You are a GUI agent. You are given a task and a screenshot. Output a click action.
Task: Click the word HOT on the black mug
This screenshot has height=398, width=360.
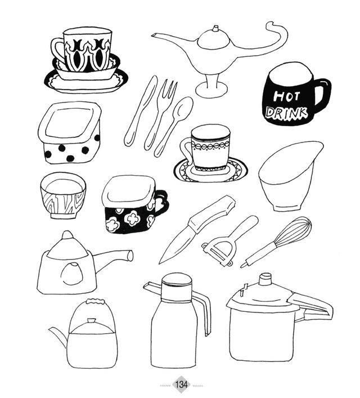287,96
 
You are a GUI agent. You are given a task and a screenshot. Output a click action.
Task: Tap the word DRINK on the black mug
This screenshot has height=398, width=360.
287,113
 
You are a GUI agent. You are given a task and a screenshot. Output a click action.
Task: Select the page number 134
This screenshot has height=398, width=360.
182,384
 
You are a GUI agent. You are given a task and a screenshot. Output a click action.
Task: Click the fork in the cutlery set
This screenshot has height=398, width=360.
160,114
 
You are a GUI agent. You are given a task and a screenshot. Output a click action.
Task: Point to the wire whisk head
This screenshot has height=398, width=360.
294,231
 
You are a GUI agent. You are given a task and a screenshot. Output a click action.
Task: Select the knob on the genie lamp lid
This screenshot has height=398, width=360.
215,28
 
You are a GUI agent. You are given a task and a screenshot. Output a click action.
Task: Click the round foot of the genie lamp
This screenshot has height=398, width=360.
211,90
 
